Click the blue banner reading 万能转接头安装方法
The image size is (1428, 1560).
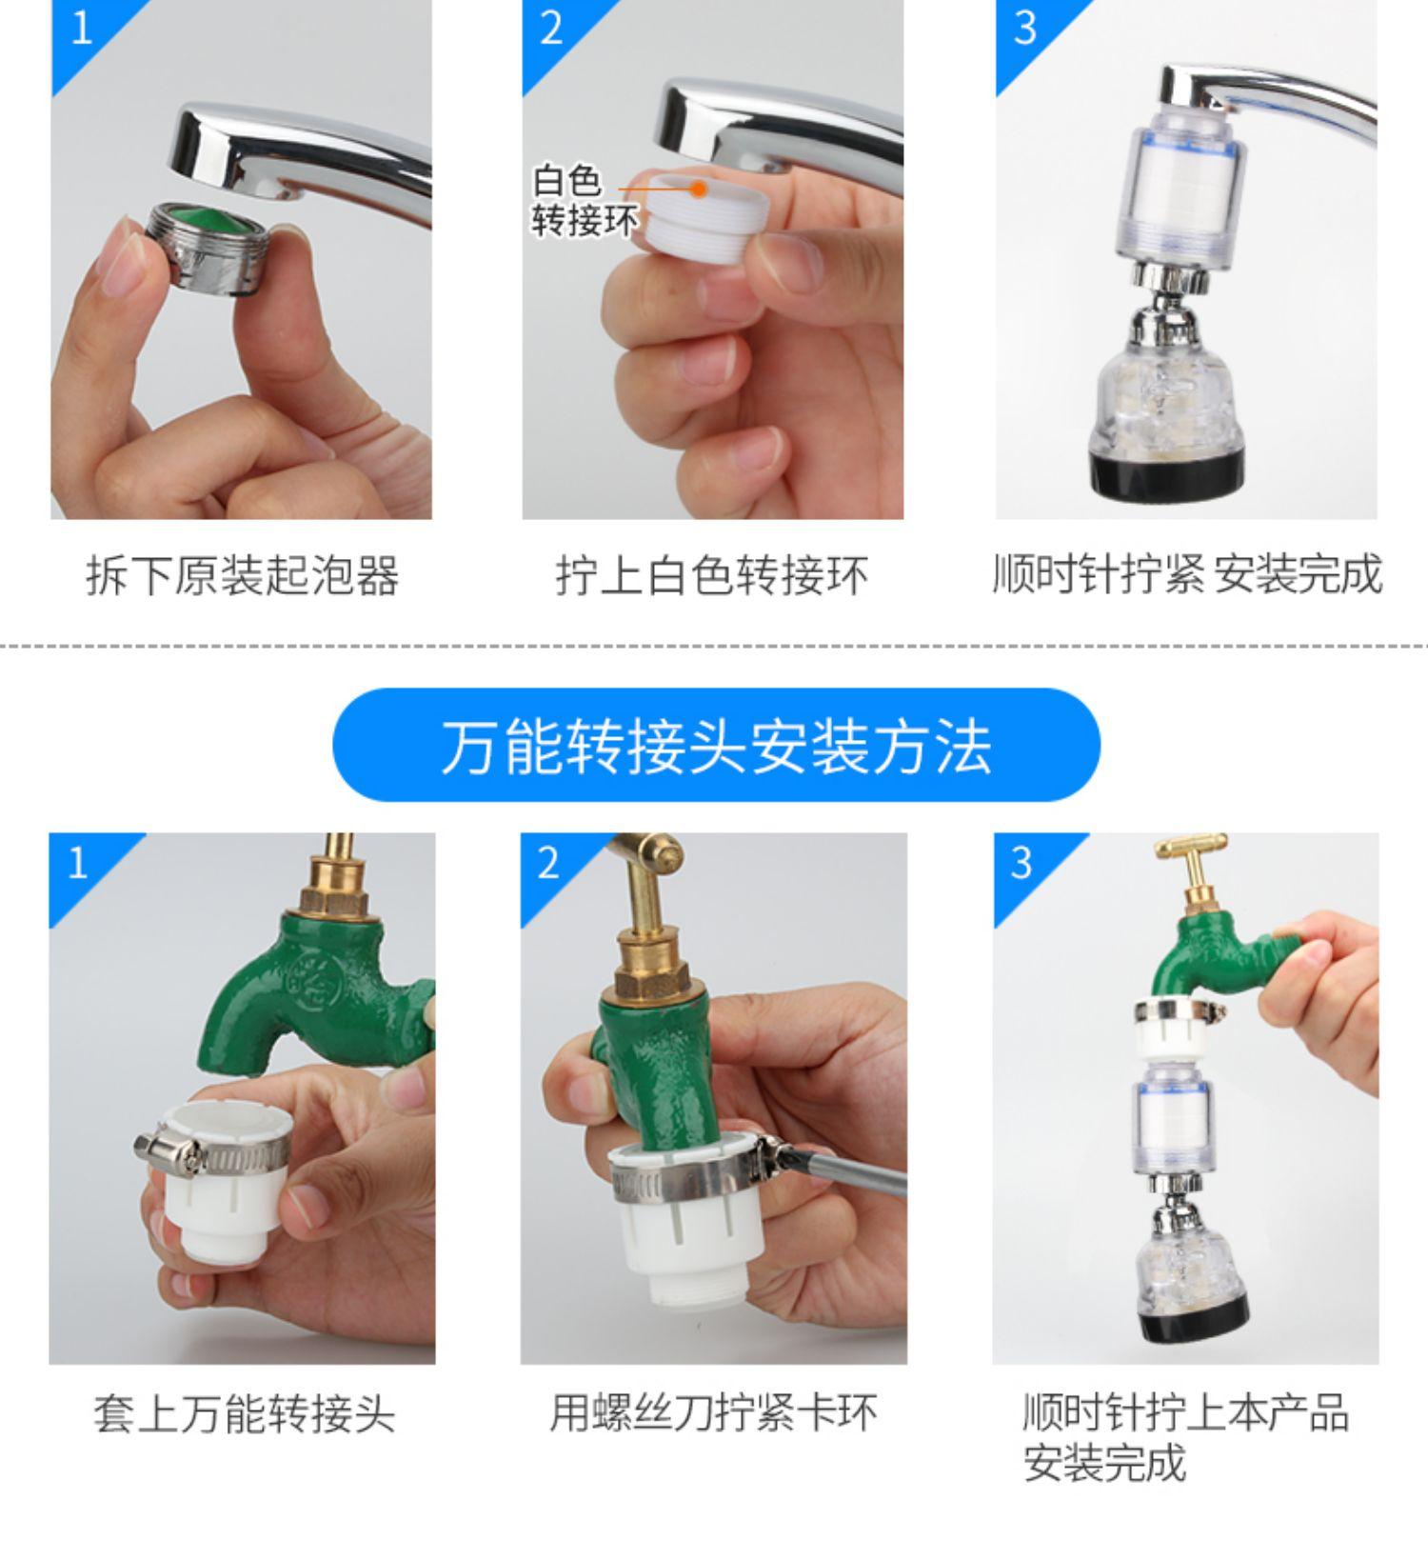(x=716, y=745)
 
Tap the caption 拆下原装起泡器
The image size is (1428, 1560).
(x=242, y=575)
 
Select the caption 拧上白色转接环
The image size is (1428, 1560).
(x=712, y=575)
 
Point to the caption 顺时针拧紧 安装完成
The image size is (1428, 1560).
(x=1186, y=574)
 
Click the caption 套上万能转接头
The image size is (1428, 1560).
(x=244, y=1413)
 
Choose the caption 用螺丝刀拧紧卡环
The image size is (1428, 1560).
(x=713, y=1412)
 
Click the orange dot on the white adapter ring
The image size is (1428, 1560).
(x=699, y=189)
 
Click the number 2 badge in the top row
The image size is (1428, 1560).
(x=551, y=28)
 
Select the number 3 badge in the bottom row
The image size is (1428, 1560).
(x=1021, y=862)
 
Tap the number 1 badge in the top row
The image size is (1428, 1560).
(x=82, y=28)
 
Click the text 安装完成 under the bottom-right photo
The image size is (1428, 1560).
(x=1104, y=1464)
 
